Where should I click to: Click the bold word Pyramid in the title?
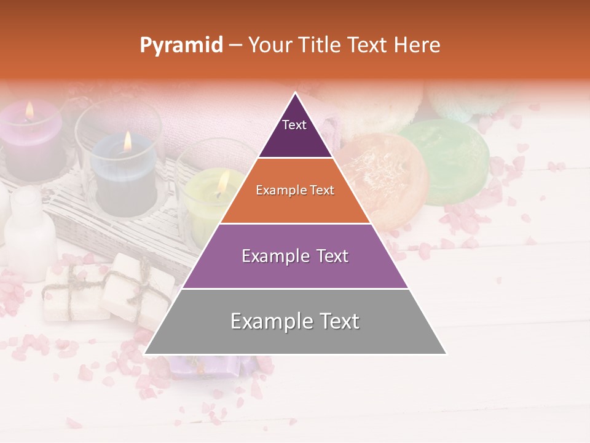(x=181, y=45)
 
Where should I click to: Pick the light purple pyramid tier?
(x=295, y=256)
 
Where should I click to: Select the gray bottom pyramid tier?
(x=295, y=321)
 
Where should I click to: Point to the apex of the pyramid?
(x=295, y=94)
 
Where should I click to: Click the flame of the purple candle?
(x=29, y=110)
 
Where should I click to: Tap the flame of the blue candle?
(x=127, y=141)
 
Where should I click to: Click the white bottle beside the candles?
(x=29, y=231)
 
